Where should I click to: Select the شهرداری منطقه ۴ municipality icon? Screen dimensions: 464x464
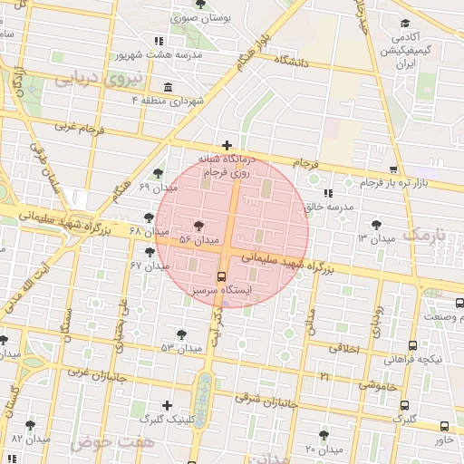click(x=169, y=87)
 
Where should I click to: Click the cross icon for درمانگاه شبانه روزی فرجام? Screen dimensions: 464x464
click(x=227, y=145)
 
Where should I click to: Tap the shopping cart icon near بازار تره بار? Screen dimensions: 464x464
click(x=392, y=169)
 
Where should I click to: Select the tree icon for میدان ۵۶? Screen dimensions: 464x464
click(x=199, y=226)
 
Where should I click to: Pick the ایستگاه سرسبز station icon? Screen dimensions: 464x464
click(x=222, y=276)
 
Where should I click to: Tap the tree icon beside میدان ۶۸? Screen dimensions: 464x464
click(x=149, y=217)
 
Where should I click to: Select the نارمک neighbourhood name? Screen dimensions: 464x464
click(x=425, y=235)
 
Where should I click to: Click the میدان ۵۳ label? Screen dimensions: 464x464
click(x=180, y=348)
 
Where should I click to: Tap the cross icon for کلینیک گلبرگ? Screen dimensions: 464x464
click(x=166, y=405)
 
